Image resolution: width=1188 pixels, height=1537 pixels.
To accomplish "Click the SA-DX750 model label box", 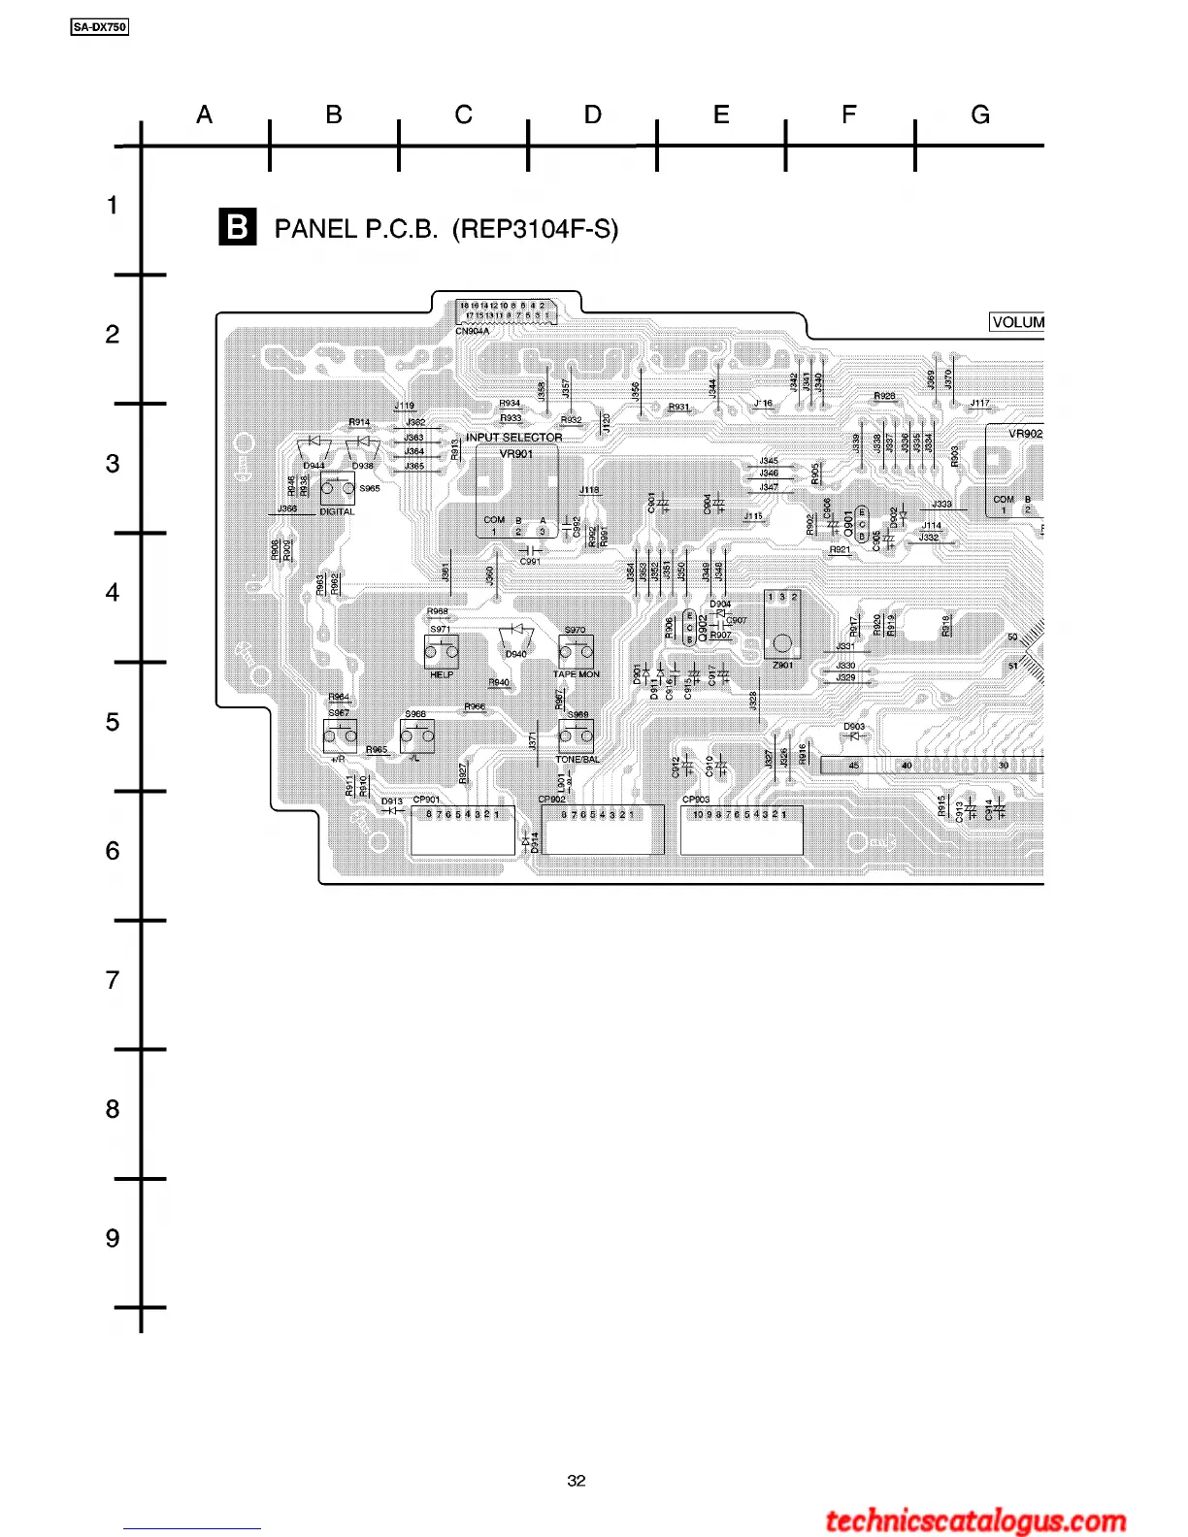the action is click(x=100, y=27).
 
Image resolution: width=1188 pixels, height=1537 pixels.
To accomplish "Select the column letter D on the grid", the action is click(x=592, y=115).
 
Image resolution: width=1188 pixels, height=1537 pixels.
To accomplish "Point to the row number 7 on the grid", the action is click(x=113, y=980).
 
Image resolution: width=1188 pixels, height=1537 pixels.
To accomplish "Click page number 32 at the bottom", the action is click(x=577, y=1481).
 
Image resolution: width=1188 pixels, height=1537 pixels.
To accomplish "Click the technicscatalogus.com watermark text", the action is click(x=975, y=1521).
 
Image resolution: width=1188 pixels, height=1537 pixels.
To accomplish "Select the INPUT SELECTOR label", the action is click(x=513, y=438).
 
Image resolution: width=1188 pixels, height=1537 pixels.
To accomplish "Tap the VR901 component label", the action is click(x=515, y=453).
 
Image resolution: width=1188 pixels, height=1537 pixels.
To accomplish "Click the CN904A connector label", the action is click(x=472, y=331).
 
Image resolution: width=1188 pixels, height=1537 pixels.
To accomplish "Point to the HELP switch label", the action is click(x=442, y=674).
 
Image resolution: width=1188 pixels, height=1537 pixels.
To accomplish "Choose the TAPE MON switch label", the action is click(x=577, y=674).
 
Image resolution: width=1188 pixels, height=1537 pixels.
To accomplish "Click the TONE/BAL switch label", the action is click(x=577, y=760).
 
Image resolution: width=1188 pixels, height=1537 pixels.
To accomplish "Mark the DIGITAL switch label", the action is click(x=337, y=512).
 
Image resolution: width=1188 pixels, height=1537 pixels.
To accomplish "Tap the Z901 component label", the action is click(x=782, y=665).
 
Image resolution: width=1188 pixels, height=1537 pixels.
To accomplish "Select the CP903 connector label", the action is click(x=696, y=800).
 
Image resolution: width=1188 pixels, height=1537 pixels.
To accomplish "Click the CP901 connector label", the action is click(x=426, y=800).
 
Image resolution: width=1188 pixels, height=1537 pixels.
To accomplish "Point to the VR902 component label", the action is click(x=1025, y=434).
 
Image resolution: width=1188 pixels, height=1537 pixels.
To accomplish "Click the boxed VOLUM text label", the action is click(x=1017, y=322).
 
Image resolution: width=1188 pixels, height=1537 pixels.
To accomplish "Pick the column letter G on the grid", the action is click(x=980, y=115).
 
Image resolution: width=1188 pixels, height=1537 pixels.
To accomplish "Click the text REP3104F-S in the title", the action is click(x=535, y=229).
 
